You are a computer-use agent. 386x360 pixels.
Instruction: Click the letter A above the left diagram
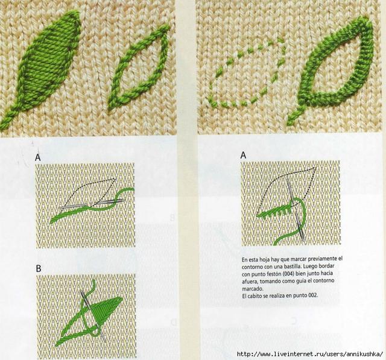(37, 157)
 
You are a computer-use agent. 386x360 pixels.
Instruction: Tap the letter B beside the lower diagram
(39, 268)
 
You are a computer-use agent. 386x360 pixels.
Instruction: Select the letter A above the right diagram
(243, 155)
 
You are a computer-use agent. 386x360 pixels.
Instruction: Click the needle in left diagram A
(92, 204)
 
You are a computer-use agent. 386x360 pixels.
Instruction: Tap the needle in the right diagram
(296, 209)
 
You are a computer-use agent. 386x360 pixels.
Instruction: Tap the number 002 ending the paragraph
(312, 295)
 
